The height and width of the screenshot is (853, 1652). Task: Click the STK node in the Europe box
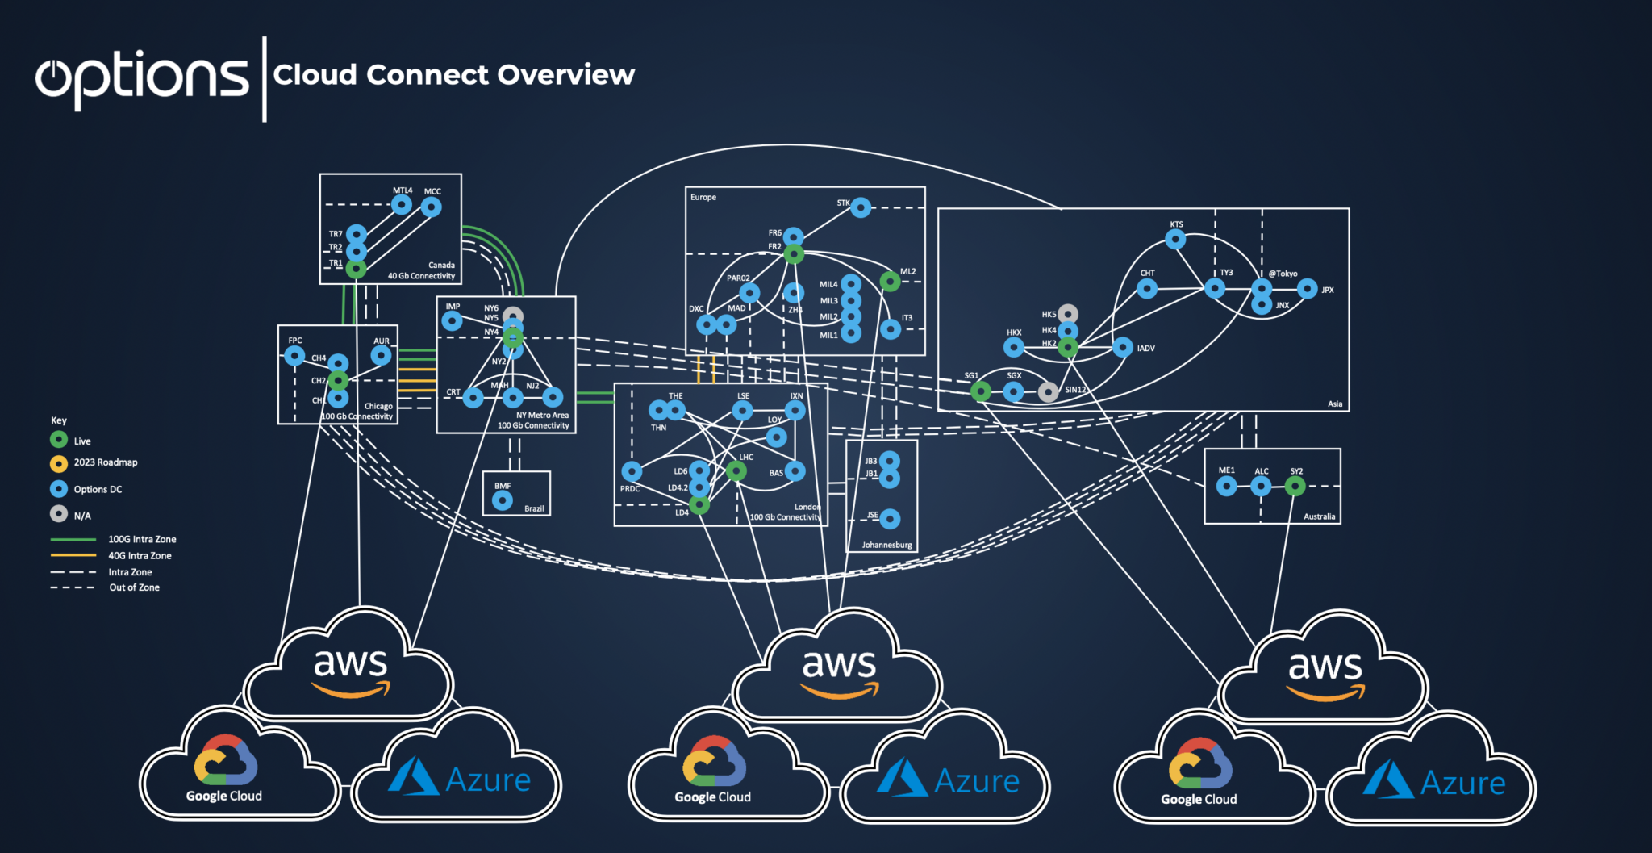click(861, 207)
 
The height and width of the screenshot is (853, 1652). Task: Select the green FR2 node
click(794, 254)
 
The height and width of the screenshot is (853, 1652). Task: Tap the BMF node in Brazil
click(503, 500)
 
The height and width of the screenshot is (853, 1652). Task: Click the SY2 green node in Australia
click(1295, 486)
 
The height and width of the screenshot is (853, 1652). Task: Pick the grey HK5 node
click(1068, 313)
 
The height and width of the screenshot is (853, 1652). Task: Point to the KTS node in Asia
click(1175, 239)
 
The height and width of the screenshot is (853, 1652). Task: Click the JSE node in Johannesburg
click(890, 518)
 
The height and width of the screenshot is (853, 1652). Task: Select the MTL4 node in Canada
click(402, 205)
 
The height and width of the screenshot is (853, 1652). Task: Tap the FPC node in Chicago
click(294, 355)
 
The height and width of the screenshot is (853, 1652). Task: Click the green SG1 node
click(981, 391)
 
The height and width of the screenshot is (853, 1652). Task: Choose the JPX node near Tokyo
click(1308, 289)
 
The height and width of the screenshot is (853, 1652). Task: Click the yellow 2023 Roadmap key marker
click(59, 463)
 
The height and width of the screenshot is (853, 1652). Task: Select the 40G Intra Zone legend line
click(73, 555)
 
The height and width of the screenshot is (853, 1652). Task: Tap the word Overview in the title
click(565, 75)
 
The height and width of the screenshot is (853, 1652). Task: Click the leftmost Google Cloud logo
click(225, 761)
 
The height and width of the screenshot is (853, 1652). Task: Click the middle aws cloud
click(839, 670)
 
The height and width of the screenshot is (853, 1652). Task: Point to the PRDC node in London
click(632, 471)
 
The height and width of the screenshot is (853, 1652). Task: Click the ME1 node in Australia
click(1226, 486)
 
